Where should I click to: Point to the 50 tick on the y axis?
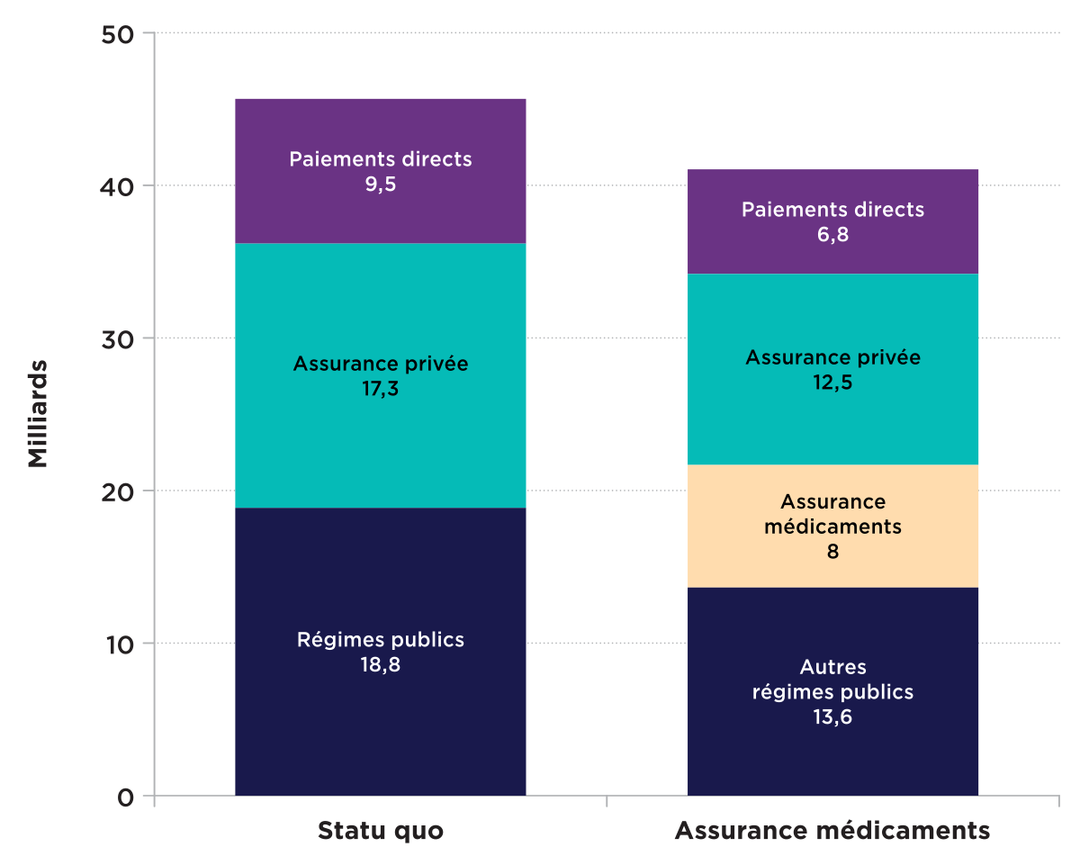121,34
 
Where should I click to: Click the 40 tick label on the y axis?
121,186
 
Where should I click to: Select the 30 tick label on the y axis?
121,339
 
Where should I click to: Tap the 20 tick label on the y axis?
121,491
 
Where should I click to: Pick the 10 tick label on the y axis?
121,644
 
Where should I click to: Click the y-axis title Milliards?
37,414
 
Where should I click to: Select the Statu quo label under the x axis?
380,830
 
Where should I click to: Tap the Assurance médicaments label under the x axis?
832,830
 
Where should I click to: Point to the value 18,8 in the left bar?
380,665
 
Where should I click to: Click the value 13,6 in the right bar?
832,717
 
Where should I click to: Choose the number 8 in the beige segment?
832,552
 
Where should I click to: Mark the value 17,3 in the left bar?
380,390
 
